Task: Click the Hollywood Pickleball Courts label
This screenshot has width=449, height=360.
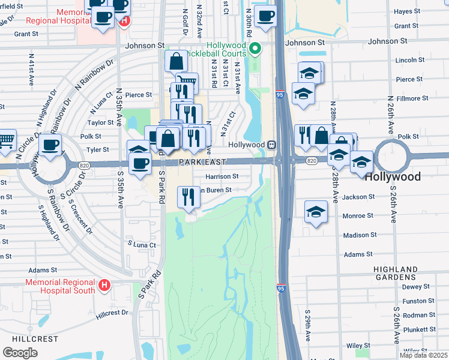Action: (x=227, y=49)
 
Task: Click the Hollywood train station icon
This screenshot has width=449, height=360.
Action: (x=272, y=145)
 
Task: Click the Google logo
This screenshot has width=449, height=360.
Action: (x=20, y=352)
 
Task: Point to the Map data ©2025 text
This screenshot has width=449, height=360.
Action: (x=423, y=355)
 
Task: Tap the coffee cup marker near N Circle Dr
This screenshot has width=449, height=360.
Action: (x=50, y=145)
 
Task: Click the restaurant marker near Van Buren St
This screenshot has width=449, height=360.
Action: (x=188, y=196)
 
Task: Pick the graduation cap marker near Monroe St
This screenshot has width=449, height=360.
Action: (x=316, y=212)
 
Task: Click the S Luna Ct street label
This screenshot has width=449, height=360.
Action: (x=142, y=245)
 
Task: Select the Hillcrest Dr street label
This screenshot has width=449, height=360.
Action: (x=112, y=313)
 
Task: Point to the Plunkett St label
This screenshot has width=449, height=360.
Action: (x=420, y=329)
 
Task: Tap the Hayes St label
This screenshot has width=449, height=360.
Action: (x=406, y=11)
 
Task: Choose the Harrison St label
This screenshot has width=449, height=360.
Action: (x=222, y=177)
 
